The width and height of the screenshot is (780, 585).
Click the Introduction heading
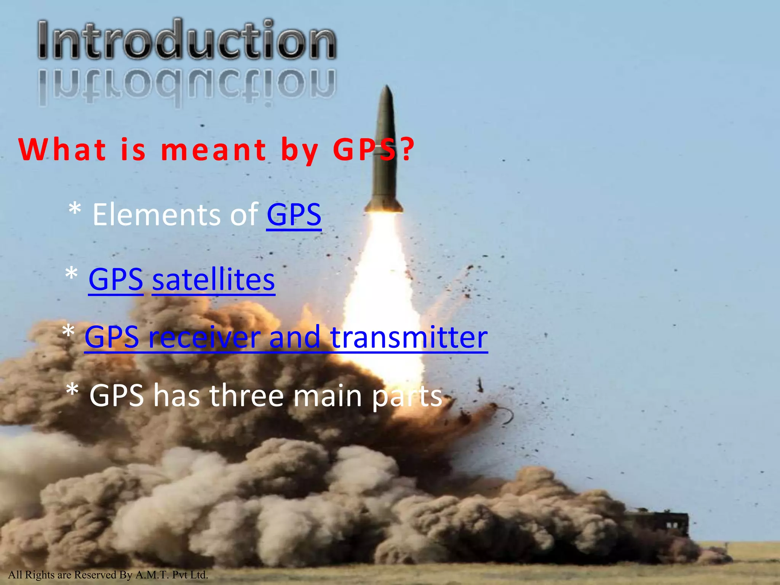[x=187, y=40]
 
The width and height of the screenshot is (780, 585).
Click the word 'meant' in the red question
[x=214, y=150]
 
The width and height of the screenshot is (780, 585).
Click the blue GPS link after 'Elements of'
[x=294, y=214]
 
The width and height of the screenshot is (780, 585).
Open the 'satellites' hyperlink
[x=213, y=279]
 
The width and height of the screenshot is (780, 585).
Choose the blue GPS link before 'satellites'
[x=116, y=279]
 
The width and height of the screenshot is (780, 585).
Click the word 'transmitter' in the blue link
[x=409, y=337]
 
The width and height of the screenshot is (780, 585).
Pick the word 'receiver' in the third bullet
[x=205, y=337]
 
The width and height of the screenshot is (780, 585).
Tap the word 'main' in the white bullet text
[x=328, y=396]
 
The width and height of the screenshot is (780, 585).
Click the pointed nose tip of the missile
[x=387, y=86]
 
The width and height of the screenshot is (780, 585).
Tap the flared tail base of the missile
[x=384, y=208]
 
